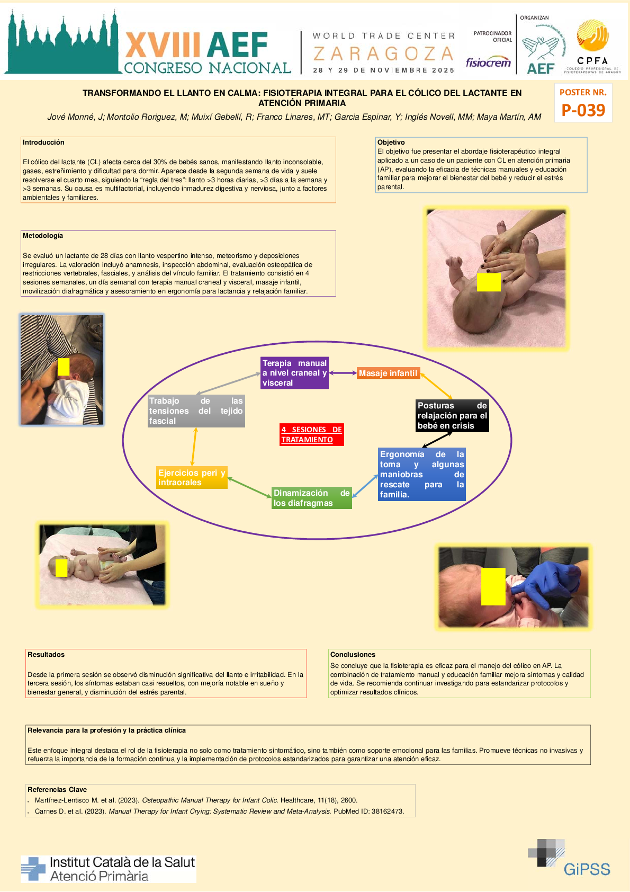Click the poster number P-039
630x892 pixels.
click(583, 110)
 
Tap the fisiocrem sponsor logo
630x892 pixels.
click(488, 63)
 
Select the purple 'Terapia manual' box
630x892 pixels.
click(294, 373)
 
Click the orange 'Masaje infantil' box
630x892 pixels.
click(388, 373)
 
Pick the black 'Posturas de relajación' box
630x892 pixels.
click(452, 416)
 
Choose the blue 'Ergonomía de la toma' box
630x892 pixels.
click(421, 475)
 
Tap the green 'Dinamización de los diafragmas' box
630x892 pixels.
click(311, 498)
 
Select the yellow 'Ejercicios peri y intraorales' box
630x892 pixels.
click(192, 477)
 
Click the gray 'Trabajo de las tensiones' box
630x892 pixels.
click(196, 411)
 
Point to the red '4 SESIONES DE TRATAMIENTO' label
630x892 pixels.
click(311, 434)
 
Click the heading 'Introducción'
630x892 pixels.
click(43, 142)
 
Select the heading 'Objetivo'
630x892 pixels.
click(391, 142)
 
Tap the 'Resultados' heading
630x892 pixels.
click(46, 655)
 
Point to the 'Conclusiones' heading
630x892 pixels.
click(353, 655)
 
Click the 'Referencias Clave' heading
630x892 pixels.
click(57, 790)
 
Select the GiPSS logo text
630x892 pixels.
click(587, 869)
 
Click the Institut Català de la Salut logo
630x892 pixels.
click(109, 869)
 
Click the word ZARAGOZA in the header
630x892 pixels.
click(383, 53)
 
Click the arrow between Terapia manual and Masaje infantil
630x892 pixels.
click(343, 373)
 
